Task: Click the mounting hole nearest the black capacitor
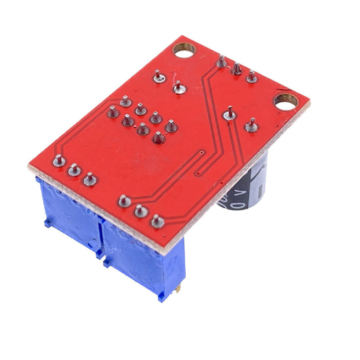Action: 286,102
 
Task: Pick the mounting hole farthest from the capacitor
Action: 184,50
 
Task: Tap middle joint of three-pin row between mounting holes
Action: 237,69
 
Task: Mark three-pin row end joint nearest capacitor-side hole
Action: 252,77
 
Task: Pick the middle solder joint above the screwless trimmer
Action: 75,170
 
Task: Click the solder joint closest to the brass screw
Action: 157,221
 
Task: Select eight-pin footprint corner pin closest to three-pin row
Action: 171,126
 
